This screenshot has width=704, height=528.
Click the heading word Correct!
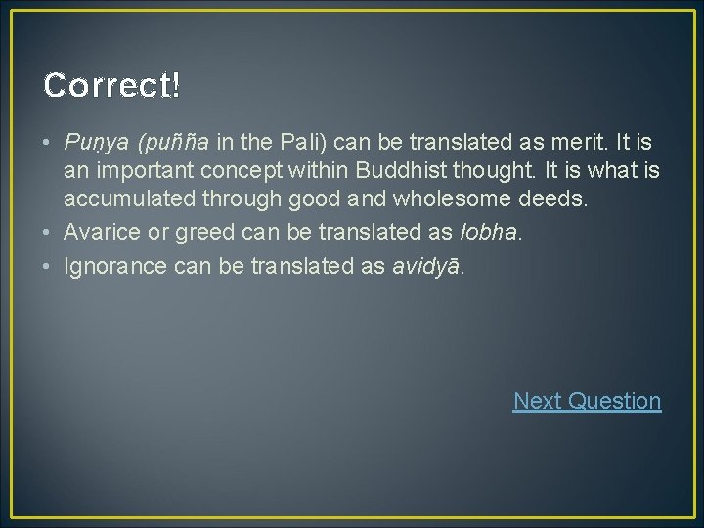[111, 85]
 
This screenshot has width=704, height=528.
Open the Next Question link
[587, 401]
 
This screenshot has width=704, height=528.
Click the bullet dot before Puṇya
[49, 142]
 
